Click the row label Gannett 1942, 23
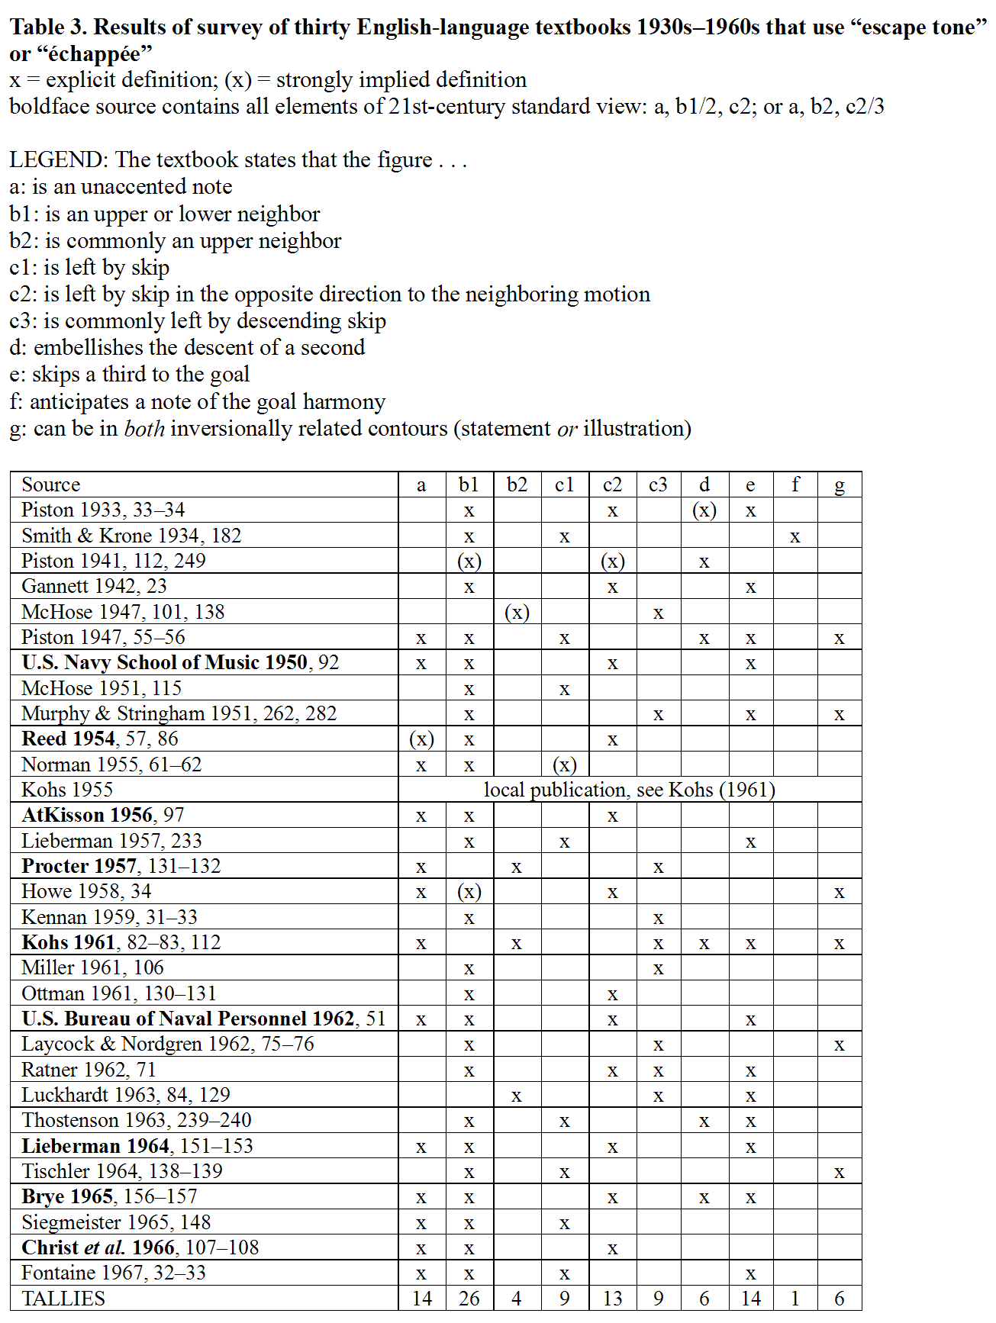[x=94, y=586]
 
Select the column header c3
[x=658, y=484]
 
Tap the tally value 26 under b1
[x=469, y=1298]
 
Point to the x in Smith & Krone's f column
[x=795, y=536]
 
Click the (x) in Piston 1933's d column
[x=704, y=510]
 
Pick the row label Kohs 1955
[x=67, y=790]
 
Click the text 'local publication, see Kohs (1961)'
[x=629, y=790]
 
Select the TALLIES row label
[x=63, y=1298]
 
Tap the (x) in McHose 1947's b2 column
[x=517, y=612]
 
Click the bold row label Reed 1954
[x=69, y=739]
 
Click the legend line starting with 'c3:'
[x=198, y=320]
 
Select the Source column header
[x=50, y=484]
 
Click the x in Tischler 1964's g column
[x=839, y=1173]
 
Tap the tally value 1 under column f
[x=795, y=1298]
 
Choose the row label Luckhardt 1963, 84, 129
[x=126, y=1095]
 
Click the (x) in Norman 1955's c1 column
[x=564, y=765]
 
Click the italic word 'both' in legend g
[x=144, y=428]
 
